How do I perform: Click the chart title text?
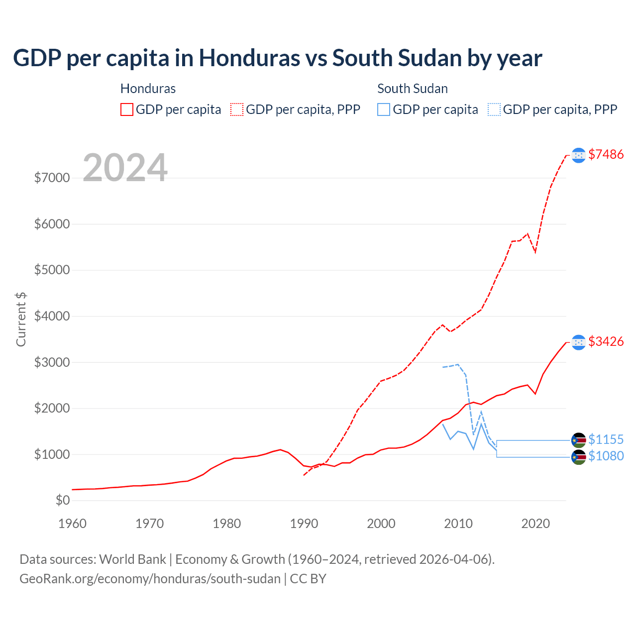[277, 58]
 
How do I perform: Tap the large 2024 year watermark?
[125, 168]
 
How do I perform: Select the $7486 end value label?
[606, 155]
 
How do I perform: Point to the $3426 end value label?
[606, 342]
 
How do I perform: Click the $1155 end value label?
[606, 440]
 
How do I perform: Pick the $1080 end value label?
[606, 456]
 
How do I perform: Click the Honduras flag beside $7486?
[578, 155]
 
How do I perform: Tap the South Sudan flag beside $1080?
[578, 457]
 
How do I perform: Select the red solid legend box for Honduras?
[127, 109]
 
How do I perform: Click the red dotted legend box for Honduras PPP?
[237, 109]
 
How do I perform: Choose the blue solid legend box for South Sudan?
[384, 109]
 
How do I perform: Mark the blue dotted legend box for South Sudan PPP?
[494, 109]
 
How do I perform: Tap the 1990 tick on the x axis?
[304, 524]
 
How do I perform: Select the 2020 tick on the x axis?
[535, 524]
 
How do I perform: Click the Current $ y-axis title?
[21, 319]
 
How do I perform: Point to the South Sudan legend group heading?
[413, 89]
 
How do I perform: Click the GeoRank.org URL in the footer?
[150, 579]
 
